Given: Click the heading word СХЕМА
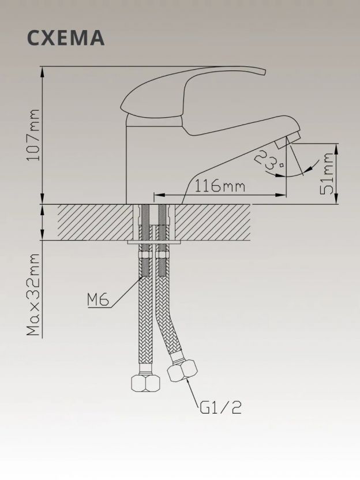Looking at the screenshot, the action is tap(66, 38).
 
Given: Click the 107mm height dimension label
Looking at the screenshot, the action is tap(33, 135).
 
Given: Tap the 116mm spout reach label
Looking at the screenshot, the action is tap(220, 186).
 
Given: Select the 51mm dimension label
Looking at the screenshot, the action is tap(327, 174).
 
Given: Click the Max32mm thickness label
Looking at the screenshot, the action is tap(33, 294).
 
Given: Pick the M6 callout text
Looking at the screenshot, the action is tap(98, 300).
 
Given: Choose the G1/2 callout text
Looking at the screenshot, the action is tap(220, 407).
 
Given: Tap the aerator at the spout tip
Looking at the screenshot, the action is tap(288, 141).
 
